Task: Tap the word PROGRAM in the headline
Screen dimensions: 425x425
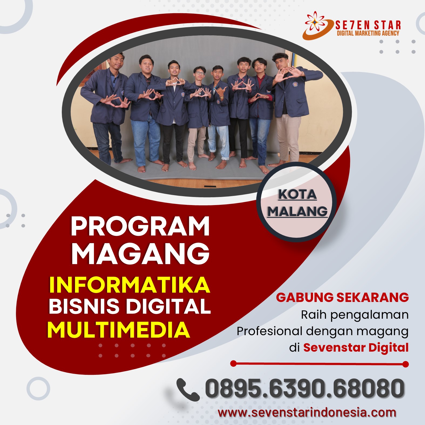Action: point(140,226)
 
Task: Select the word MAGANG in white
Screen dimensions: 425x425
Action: point(140,253)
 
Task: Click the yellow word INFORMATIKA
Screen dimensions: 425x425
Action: point(130,284)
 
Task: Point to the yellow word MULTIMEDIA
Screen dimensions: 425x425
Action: point(119,330)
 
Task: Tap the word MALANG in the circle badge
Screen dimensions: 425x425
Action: point(297,211)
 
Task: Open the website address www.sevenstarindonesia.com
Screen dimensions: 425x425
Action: point(307,413)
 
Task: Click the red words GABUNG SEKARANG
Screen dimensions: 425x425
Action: point(342,297)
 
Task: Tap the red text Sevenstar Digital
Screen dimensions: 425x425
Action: point(356,347)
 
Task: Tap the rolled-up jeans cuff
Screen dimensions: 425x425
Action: point(225,157)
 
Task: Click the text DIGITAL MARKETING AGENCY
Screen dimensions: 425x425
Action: point(368,33)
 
